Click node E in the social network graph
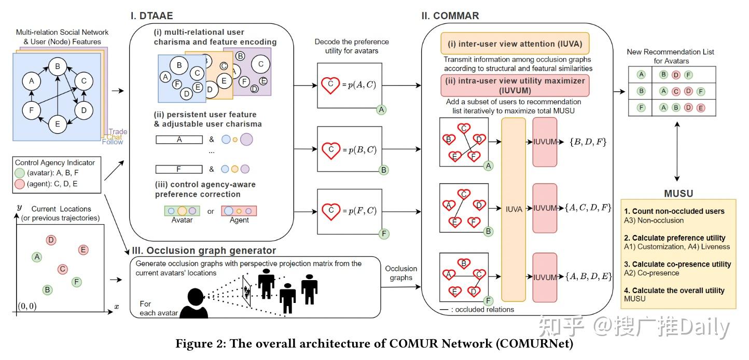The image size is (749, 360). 57,123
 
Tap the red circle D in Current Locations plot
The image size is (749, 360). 51,240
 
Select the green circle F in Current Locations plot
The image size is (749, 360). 76,282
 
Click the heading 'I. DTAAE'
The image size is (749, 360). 151,16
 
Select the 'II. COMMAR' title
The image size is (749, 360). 449,16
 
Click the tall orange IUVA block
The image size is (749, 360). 513,210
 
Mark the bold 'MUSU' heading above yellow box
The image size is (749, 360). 678,193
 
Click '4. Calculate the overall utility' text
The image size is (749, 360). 678,290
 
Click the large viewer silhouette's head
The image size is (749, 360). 195,295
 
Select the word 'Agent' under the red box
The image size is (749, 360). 239,220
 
